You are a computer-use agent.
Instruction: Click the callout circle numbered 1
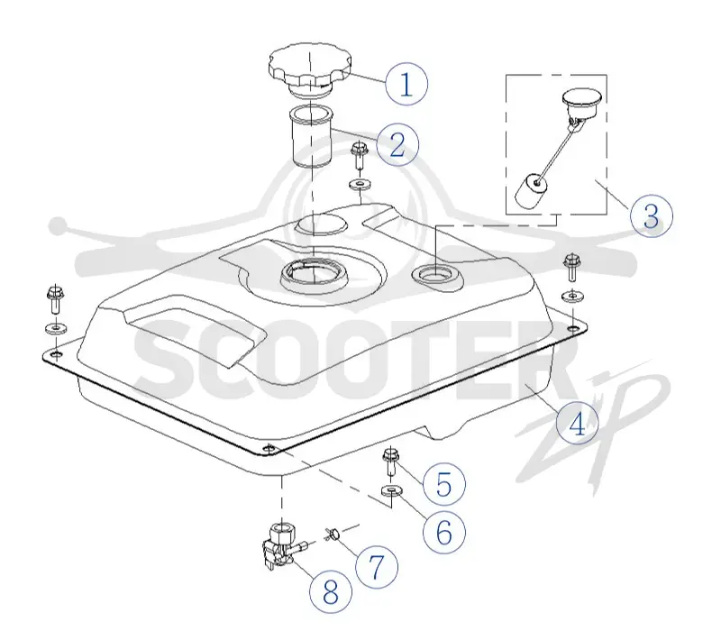pyautogui.click(x=406, y=84)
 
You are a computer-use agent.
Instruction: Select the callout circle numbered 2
pyautogui.click(x=397, y=144)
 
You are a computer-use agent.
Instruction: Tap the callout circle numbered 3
pyautogui.click(x=651, y=215)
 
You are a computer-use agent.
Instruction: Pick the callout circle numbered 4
pyautogui.click(x=577, y=423)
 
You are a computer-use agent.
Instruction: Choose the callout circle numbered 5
pyautogui.click(x=443, y=484)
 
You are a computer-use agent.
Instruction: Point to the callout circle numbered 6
pyautogui.click(x=443, y=532)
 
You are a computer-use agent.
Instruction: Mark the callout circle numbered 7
pyautogui.click(x=377, y=566)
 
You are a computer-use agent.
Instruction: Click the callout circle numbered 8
pyautogui.click(x=331, y=592)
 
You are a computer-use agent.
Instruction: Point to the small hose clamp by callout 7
pyautogui.click(x=333, y=534)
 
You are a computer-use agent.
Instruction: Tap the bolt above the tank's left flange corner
pyautogui.click(x=55, y=299)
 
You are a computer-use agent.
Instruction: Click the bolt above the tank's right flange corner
pyautogui.click(x=571, y=267)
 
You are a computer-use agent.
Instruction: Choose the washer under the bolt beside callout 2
pyautogui.click(x=360, y=186)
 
